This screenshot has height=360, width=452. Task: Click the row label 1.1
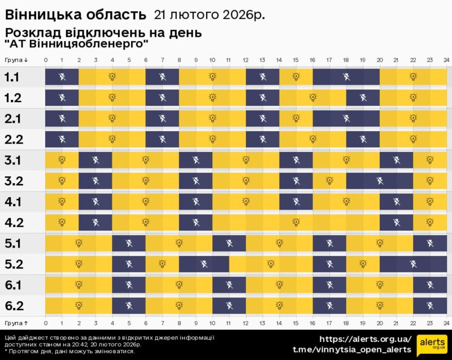click(x=12, y=77)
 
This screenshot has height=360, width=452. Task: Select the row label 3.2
click(x=14, y=181)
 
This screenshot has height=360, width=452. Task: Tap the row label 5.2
click(x=14, y=264)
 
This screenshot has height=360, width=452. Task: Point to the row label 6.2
click(x=14, y=306)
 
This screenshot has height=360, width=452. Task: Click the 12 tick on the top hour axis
click(x=246, y=60)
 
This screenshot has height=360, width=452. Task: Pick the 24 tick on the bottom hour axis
click(x=446, y=322)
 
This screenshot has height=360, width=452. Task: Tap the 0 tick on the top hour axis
click(x=46, y=60)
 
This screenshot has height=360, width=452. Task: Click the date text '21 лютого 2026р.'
click(x=209, y=14)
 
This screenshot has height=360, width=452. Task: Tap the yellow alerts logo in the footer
click(x=431, y=345)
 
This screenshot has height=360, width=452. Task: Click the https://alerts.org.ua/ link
click(x=365, y=339)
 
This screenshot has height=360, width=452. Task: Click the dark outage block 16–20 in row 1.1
click(x=346, y=77)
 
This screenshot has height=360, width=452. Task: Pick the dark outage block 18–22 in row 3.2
click(x=380, y=181)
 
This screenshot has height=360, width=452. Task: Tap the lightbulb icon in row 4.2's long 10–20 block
click(x=296, y=222)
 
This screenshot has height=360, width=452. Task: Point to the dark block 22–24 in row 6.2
click(x=429, y=306)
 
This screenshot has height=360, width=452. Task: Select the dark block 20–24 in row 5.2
click(x=413, y=264)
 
